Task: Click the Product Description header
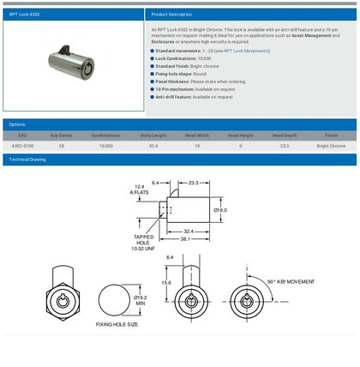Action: coord(172,15)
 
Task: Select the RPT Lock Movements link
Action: coord(247,51)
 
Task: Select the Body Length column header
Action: coord(153,135)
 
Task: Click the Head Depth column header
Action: coord(285,135)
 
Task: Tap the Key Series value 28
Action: coord(61,146)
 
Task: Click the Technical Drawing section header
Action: coord(26,159)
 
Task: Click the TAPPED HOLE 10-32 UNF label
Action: coord(144,243)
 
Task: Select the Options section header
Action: coord(17,124)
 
